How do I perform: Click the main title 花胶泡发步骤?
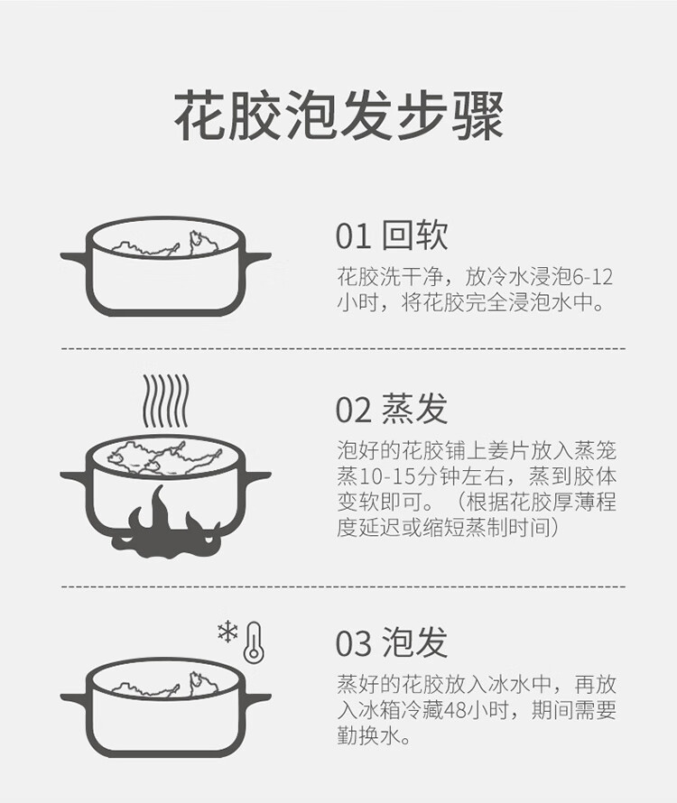338,116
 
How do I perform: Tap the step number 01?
353,236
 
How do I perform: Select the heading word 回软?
415,235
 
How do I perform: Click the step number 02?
353,410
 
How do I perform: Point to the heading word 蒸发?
415,409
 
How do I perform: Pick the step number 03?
353,643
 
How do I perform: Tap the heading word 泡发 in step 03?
415,642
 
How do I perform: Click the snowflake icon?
227,632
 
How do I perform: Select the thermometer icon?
254,642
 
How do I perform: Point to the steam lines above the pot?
165,401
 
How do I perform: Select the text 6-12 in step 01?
592,277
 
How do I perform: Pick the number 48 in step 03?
456,711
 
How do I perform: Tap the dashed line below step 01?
343,349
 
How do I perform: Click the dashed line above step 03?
343,586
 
